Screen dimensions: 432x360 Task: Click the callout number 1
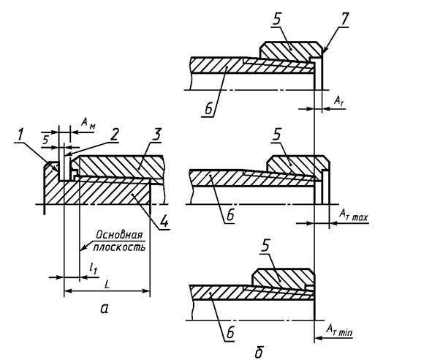20,135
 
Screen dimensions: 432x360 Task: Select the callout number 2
113,135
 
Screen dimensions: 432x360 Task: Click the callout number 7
344,19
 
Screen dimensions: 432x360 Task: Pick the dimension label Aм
88,122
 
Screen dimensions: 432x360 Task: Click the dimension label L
107,285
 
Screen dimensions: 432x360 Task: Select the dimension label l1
93,269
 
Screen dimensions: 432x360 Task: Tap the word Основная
119,235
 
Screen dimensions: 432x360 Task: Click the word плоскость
119,247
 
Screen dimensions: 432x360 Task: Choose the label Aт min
339,329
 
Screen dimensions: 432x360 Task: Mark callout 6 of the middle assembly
230,214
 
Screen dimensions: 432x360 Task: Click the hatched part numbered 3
121,166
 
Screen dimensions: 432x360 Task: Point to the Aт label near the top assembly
339,101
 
